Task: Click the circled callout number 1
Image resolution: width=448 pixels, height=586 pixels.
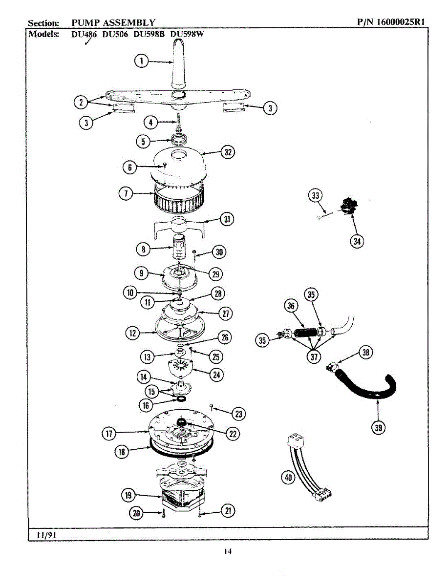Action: coord(141,61)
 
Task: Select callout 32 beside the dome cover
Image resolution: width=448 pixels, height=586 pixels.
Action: coord(227,152)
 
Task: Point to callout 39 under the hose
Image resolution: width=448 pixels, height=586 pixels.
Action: coord(378,428)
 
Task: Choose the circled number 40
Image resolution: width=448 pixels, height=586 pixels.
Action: coord(289,478)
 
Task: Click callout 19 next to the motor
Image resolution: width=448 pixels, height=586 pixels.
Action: coord(129,495)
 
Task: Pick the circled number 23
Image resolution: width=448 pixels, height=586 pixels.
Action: coord(239,415)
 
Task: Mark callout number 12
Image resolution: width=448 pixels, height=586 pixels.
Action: coord(131,334)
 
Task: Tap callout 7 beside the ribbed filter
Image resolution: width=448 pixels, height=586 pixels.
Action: coord(126,193)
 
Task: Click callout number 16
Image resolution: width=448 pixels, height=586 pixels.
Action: coord(146,404)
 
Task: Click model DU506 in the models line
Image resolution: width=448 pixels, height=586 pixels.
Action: coord(115,34)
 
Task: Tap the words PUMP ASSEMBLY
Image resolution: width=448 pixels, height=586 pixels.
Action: coord(113,22)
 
